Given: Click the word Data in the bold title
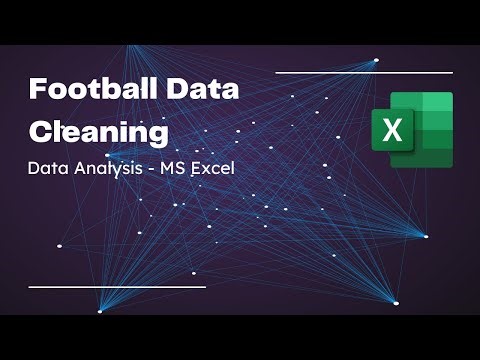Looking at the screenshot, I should coord(203,89).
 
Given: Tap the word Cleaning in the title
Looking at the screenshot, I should coord(99,130).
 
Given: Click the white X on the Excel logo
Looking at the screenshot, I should coord(392,130).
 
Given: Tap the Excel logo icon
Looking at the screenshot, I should coord(412,129).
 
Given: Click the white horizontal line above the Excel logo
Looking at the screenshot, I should coord(364,72).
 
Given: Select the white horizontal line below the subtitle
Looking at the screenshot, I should coord(117,287).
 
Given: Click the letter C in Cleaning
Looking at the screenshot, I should coord(41,130).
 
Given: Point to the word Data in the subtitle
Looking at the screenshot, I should coord(49,168).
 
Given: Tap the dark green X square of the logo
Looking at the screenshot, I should coord(392,130).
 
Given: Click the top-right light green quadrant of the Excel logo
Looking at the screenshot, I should coord(437,105).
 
